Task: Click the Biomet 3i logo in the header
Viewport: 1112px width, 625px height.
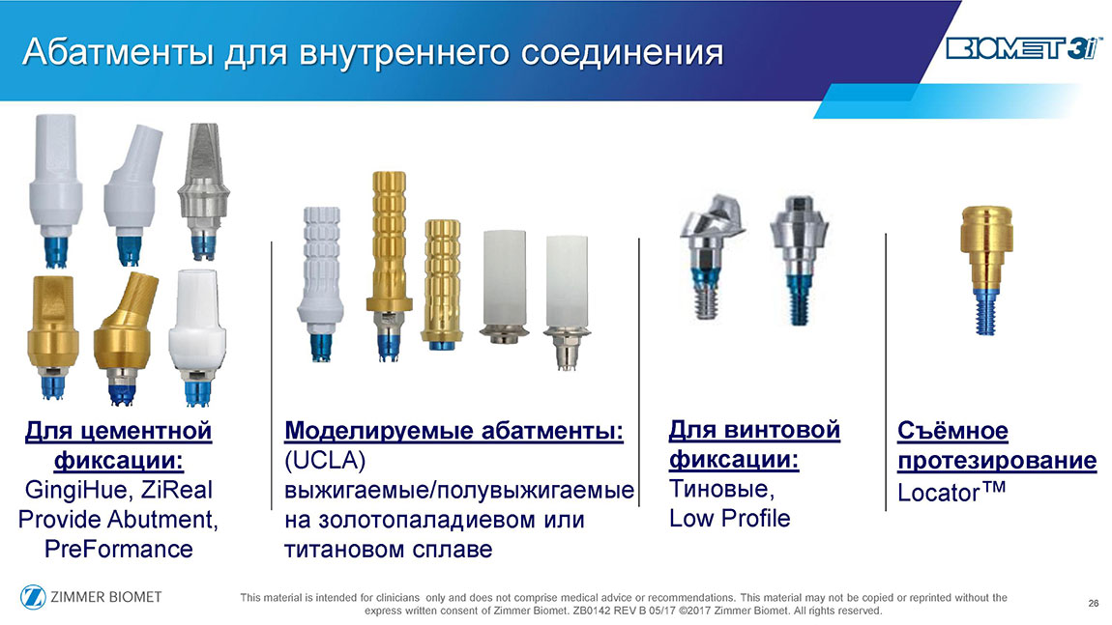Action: click(x=1024, y=48)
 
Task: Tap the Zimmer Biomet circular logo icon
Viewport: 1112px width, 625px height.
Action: click(x=33, y=597)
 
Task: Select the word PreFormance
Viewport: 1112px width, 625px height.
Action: click(x=118, y=549)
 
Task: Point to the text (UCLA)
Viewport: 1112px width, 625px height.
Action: click(x=325, y=461)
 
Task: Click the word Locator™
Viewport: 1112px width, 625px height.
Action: click(x=951, y=491)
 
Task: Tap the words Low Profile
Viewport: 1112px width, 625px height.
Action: click(x=729, y=518)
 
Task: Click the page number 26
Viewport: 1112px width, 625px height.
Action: click(x=1093, y=603)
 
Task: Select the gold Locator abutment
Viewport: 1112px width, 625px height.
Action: click(x=985, y=270)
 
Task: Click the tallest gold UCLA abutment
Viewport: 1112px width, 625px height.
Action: click(x=389, y=266)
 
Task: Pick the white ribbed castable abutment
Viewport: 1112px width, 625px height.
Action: click(x=321, y=283)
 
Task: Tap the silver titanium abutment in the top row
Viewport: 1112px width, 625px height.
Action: click(x=203, y=190)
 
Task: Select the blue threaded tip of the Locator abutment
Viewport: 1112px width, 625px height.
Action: click(x=985, y=311)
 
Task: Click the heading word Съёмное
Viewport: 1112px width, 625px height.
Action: click(x=952, y=430)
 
